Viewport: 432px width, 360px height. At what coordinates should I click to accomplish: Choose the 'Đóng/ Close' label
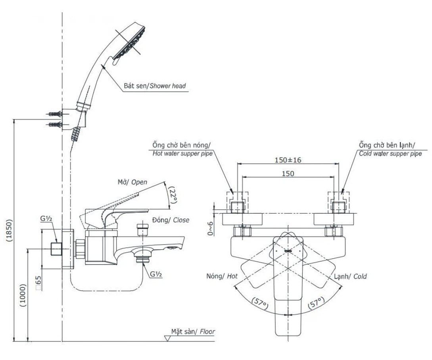(x=170, y=220)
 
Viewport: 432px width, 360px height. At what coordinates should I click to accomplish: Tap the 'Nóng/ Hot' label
(x=222, y=276)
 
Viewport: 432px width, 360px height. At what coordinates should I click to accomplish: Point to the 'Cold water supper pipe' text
(x=390, y=154)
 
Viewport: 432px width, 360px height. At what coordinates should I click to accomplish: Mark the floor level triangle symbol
(x=167, y=338)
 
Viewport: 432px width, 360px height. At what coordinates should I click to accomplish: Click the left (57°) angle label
(x=261, y=304)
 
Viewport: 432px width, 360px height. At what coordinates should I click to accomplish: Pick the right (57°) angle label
(x=316, y=304)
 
